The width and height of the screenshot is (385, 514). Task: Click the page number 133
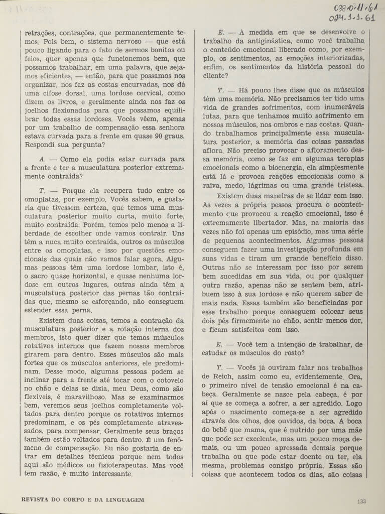(x=362, y=500)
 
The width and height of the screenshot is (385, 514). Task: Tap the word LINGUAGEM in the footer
(x=122, y=500)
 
